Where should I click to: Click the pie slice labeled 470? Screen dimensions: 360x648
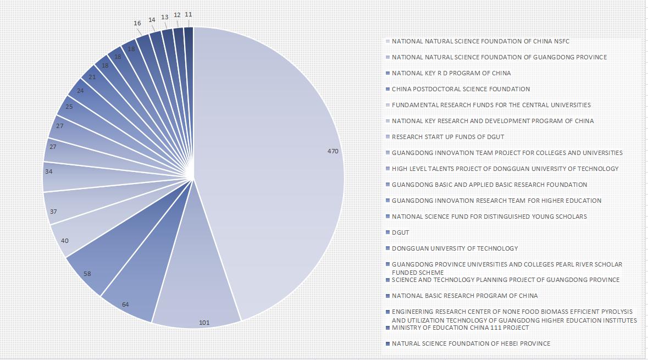click(x=275, y=165)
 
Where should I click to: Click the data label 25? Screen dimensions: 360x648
click(x=69, y=107)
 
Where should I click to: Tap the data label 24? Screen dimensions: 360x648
click(x=80, y=91)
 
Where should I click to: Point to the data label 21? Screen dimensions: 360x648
click(x=92, y=77)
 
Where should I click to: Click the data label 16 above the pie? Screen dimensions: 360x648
click(x=137, y=23)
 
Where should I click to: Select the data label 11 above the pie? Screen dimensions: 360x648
click(x=189, y=14)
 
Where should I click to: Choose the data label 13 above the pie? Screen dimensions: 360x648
click(x=165, y=17)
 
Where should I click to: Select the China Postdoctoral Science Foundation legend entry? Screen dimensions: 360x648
click(x=461, y=89)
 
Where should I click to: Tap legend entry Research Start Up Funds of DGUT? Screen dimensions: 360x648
click(x=447, y=137)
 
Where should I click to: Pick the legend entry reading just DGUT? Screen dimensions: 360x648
click(x=400, y=232)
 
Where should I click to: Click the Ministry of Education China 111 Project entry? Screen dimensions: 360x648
click(x=460, y=328)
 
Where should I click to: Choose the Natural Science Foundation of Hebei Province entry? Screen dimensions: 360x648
click(x=470, y=344)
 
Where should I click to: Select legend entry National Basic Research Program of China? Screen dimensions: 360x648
click(x=464, y=296)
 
